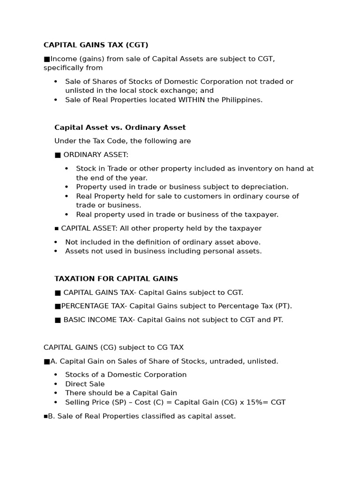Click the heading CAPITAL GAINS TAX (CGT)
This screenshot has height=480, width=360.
pyautogui.click(x=96, y=45)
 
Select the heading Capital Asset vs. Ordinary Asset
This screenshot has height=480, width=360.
pyautogui.click(x=120, y=127)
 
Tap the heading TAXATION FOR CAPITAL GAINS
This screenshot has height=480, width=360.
pyautogui.click(x=116, y=278)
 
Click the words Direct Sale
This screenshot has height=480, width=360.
pyautogui.click(x=85, y=384)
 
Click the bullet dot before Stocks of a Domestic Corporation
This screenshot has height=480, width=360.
pyautogui.click(x=56, y=375)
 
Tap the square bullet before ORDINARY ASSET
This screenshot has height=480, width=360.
pyautogui.click(x=58, y=155)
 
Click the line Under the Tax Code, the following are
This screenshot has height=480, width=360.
pyautogui.click(x=123, y=141)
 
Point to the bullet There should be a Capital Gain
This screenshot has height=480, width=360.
pyautogui.click(x=121, y=393)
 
